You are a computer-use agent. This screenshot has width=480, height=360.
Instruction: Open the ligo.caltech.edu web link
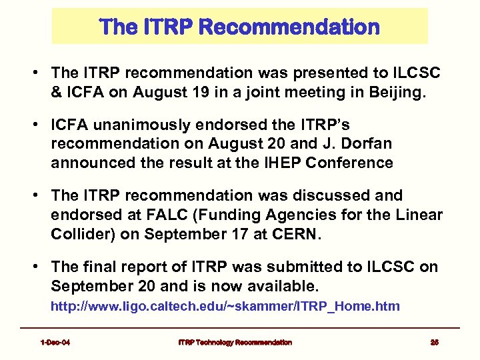[225, 306]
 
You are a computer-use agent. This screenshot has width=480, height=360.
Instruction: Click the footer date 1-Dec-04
[55, 342]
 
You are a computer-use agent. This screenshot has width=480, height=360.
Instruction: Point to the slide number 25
[434, 342]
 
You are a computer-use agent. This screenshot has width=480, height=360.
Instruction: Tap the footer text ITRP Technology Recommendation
[235, 342]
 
